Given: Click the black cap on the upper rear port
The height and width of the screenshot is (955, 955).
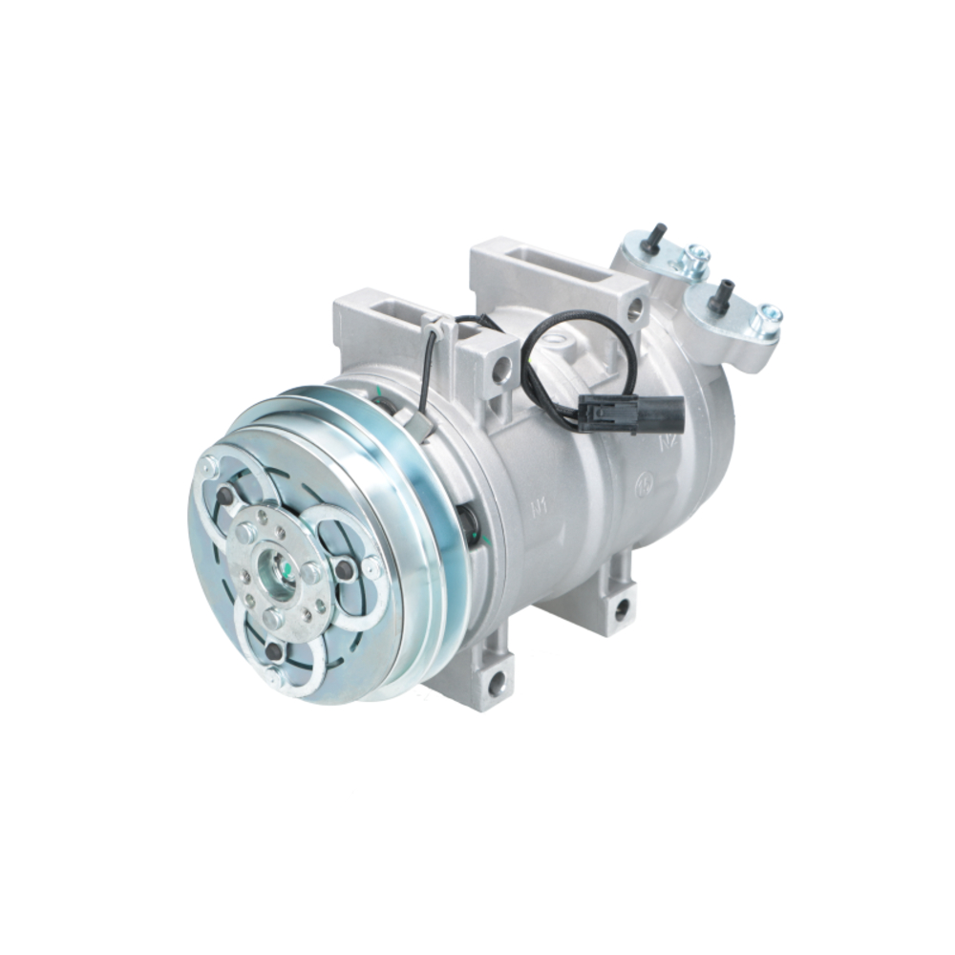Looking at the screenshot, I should click(654, 239).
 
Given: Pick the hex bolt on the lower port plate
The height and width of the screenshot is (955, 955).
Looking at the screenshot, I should click(767, 316).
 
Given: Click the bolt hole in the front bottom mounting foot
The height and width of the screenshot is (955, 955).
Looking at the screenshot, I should click(496, 681).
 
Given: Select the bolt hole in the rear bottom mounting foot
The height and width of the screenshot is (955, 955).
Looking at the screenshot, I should click(621, 605).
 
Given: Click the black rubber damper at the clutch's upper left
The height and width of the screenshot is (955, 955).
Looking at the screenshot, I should click(224, 495).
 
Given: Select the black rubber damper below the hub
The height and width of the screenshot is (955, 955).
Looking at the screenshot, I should click(274, 651).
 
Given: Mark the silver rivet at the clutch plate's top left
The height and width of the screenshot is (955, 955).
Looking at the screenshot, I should click(207, 468).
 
